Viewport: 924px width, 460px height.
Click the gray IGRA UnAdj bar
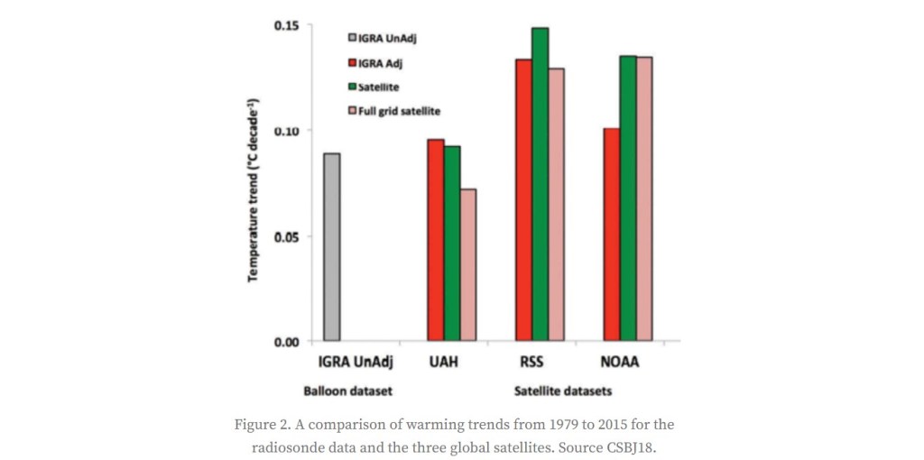332,247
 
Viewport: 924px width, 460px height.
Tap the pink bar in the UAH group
467,265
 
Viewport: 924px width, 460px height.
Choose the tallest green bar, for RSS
540,184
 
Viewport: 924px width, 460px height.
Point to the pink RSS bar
556,205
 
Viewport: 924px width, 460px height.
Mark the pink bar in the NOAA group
643,199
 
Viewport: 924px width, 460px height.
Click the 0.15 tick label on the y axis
288,24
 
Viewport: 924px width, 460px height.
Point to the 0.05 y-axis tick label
288,236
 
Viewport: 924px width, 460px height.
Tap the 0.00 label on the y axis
288,342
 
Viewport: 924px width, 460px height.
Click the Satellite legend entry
378,87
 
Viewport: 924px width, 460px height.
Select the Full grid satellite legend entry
399,111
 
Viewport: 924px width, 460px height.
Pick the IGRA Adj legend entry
380,62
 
